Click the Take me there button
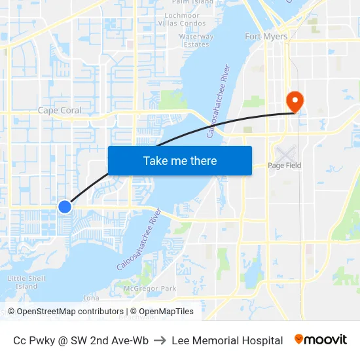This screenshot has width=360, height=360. point(180,160)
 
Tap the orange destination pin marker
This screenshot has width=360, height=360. point(295,101)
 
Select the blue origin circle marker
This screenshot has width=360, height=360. point(65,207)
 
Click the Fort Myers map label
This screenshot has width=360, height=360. point(266,37)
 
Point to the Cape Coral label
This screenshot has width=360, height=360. point(60,110)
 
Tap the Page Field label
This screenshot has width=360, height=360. point(285,166)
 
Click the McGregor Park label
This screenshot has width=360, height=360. point(150,288)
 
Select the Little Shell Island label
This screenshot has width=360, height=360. point(26,282)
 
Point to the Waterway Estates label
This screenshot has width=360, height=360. point(196,41)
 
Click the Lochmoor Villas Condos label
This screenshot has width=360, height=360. point(183,19)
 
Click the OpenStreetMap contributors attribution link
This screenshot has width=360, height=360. point(69,312)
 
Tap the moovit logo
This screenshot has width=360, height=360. point(321,339)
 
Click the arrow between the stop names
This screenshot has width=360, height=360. point(160,340)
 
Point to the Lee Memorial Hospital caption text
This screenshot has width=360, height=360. point(227,340)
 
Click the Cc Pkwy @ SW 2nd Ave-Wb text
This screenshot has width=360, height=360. point(81,340)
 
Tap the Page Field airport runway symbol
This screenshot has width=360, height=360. point(285,154)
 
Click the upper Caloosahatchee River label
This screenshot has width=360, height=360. point(218,101)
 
